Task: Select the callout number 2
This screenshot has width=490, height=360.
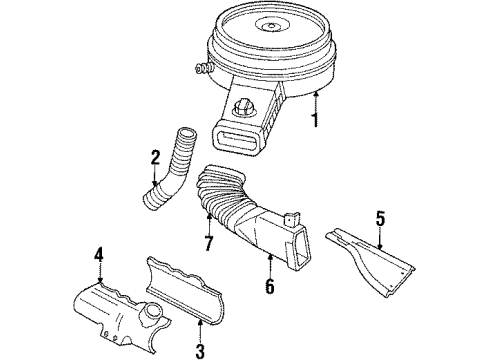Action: [x=155, y=157]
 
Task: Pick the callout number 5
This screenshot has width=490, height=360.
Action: [x=379, y=216]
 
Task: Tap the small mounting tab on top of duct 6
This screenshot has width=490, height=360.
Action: [x=291, y=213]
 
